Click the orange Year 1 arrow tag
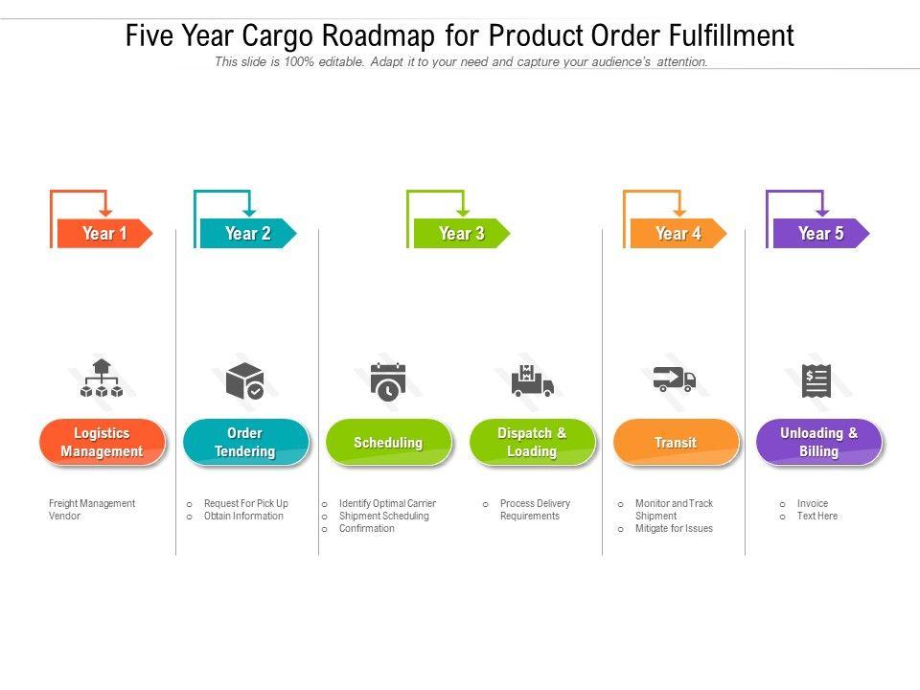pos(103,233)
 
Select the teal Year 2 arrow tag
pos(247,233)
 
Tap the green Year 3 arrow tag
pos(461,233)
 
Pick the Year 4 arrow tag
pos(678,233)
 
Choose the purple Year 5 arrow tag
pos(820,233)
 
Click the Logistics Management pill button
pos(102,443)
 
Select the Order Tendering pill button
pos(245,443)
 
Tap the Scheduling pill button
pos(388,443)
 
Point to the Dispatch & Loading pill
pos(532,443)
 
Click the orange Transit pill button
pos(676,443)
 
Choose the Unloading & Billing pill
pos(818,443)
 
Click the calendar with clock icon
pos(387,380)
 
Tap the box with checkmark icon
pos(244,380)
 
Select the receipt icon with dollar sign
pos(816,380)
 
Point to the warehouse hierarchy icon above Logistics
pos(102,379)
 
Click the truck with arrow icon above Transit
pos(675,379)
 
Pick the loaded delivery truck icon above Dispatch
pos(532,380)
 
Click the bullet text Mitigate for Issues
pos(674,528)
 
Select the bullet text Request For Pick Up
pos(245,503)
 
